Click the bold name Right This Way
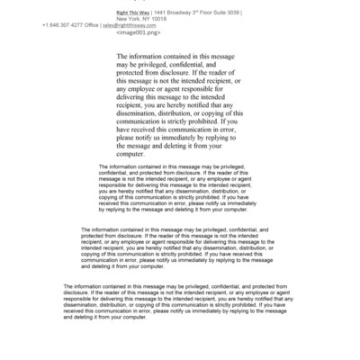click(134, 12)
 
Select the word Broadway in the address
click(183, 12)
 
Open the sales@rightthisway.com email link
click(130, 25)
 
